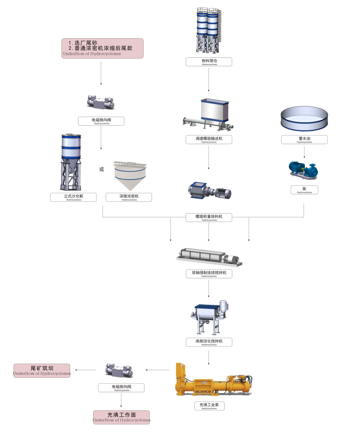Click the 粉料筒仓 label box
[209, 62]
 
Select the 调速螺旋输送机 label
[209, 140]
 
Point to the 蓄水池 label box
[304, 140]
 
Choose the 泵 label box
[304, 190]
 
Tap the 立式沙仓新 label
[73, 197]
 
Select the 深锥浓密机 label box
[129, 197]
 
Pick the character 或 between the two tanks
[102, 169]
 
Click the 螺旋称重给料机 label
[209, 217]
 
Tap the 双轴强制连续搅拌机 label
[209, 274]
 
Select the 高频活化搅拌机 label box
[209, 342]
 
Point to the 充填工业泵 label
[209, 406]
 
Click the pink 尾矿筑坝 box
[42, 370]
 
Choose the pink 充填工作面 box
[121, 417]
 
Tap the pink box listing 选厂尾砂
[102, 48]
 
